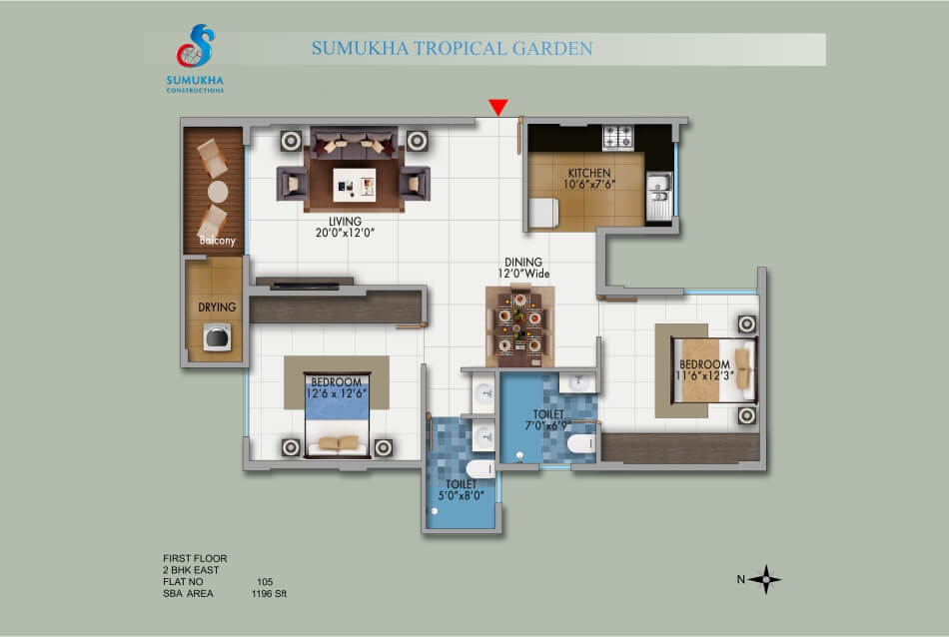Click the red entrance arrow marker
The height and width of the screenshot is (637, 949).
498,107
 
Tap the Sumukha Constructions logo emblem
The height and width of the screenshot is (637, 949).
196,46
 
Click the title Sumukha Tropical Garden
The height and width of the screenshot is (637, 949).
452,48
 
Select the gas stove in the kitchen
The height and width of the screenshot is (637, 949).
618,138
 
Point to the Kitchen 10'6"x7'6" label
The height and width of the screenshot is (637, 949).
589,179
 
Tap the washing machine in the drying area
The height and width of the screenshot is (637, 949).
218,337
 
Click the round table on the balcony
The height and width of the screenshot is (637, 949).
218,192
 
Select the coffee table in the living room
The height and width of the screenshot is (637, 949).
354,185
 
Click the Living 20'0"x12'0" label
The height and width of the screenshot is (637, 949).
345,227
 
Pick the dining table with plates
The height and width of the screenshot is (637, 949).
519,326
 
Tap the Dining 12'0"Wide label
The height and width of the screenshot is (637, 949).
523,268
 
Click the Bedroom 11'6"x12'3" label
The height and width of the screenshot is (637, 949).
704,369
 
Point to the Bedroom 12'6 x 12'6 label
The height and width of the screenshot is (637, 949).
337,387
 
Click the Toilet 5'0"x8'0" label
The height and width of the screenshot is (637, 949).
462,490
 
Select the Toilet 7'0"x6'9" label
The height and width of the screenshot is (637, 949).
548,419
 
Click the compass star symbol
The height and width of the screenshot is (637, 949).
765,579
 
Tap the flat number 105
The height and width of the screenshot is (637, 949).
265,582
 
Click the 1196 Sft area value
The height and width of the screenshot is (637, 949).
269,594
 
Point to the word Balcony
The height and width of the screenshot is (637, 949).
218,241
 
